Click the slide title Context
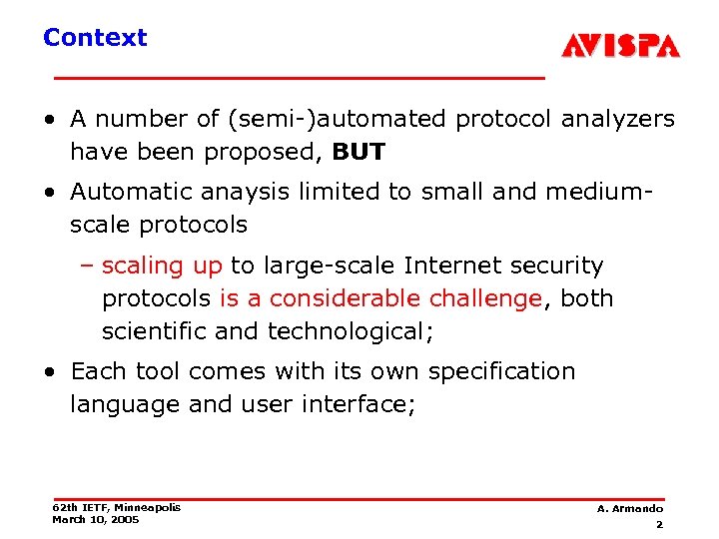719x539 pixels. point(95,38)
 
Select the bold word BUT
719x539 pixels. point(359,152)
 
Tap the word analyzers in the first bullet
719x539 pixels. point(618,119)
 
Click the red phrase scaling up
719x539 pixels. point(162,266)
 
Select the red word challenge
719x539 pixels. point(485,298)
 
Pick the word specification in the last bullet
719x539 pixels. point(502,371)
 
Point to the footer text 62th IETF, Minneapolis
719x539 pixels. point(116,507)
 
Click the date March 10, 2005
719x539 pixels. point(96,519)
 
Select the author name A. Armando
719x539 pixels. point(629,509)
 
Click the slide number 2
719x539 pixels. point(659,524)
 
